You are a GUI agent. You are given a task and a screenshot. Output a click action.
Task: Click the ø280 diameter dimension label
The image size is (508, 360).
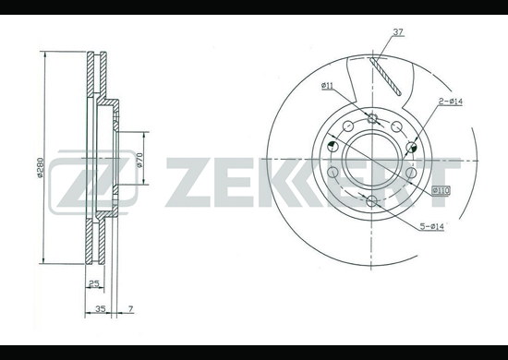40,167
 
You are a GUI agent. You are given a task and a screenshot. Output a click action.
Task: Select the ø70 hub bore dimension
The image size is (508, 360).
139,160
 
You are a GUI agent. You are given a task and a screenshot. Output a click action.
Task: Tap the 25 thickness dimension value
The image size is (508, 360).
93,284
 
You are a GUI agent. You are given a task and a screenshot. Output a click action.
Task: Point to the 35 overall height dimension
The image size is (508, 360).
101,309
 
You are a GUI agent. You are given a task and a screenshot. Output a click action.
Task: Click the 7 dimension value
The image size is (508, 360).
130,309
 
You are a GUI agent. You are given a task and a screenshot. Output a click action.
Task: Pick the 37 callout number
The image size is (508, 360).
398,32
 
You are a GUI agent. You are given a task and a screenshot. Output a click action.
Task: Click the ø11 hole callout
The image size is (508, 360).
327,86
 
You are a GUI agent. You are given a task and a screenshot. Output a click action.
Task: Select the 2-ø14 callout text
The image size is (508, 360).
451,102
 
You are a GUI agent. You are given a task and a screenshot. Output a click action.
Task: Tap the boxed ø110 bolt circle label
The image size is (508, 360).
441,191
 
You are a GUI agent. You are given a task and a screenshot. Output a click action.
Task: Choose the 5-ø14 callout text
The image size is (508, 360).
432,227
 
